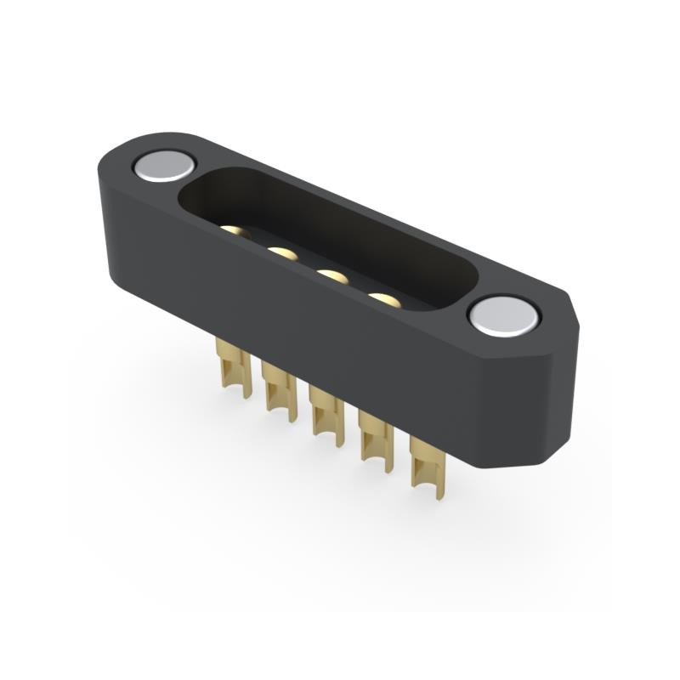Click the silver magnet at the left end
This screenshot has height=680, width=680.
(x=164, y=166)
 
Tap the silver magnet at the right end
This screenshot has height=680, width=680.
(x=503, y=317)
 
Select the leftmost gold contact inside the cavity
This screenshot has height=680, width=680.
(x=235, y=230)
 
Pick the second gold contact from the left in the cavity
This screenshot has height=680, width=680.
(x=283, y=253)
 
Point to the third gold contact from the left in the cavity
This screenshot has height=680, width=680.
(x=332, y=276)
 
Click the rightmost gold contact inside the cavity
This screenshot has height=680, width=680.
(x=383, y=299)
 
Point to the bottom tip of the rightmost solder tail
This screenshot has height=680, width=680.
(x=439, y=496)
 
